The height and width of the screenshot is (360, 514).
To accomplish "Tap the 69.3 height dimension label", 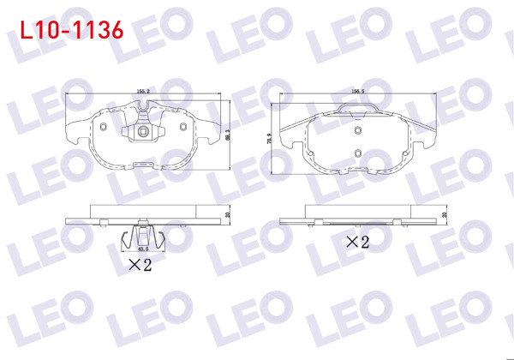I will (x=228, y=135).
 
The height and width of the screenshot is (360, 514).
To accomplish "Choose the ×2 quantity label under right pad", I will (x=356, y=242).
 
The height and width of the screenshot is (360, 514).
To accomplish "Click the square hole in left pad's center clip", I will (x=143, y=132).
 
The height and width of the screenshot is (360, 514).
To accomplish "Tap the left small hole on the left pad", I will (x=101, y=129).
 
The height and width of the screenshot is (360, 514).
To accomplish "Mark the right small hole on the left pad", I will (x=183, y=129).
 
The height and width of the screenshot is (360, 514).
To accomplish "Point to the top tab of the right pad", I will (x=356, y=108).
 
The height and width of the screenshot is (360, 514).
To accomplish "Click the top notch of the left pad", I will (x=142, y=109).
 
